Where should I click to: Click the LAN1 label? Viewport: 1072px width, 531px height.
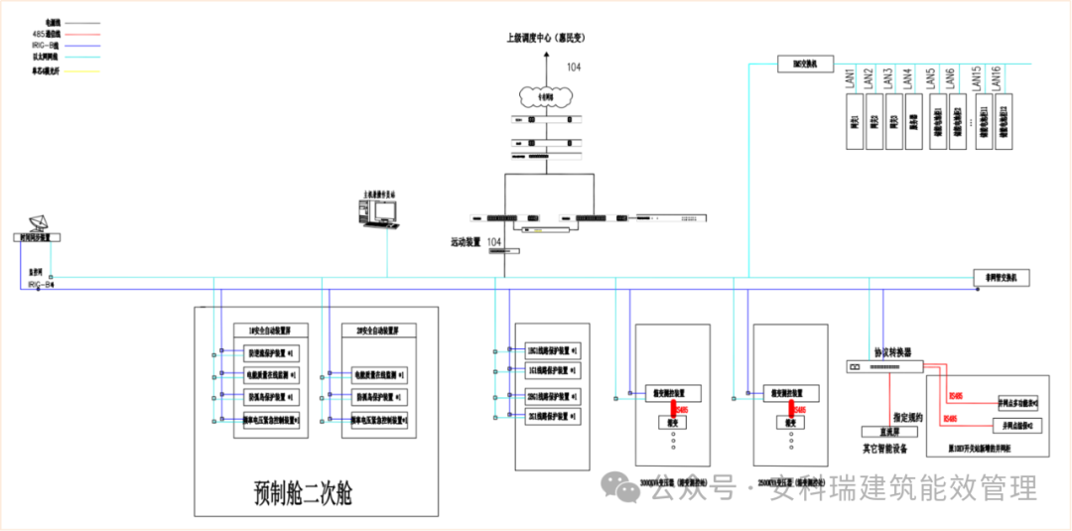pyautogui.click(x=852, y=77)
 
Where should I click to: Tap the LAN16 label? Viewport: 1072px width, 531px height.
pyautogui.click(x=998, y=77)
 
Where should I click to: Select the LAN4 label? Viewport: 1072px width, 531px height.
pyautogui.click(x=907, y=77)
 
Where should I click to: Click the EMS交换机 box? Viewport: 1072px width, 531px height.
pyautogui.click(x=803, y=65)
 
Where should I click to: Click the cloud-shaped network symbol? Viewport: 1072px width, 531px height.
pyautogui.click(x=544, y=96)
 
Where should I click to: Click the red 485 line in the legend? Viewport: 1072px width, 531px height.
pyautogui.click(x=88, y=33)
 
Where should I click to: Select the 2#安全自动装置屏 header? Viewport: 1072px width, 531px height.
pyautogui.click(x=378, y=330)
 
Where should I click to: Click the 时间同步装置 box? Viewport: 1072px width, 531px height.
pyautogui.click(x=37, y=237)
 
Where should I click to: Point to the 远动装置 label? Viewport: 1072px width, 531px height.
pyautogui.click(x=466, y=242)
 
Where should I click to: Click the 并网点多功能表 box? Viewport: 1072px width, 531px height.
pyautogui.click(x=1018, y=402)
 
